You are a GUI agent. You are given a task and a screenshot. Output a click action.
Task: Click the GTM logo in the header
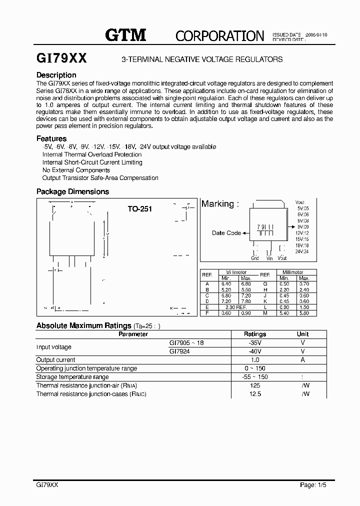click(x=125, y=35)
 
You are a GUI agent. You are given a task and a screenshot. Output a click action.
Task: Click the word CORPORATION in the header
click(x=219, y=36)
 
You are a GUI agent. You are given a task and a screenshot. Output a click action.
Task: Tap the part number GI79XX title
click(x=62, y=58)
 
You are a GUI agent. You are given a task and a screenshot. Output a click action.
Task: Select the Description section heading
click(x=56, y=75)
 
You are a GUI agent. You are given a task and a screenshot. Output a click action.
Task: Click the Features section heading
click(x=51, y=138)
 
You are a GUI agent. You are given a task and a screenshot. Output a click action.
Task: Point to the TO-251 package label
click(x=139, y=209)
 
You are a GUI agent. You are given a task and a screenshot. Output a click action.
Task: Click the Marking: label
click(x=220, y=204)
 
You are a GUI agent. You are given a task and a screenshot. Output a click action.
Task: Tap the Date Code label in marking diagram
click(x=226, y=233)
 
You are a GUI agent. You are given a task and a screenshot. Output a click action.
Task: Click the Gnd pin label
click(x=255, y=258)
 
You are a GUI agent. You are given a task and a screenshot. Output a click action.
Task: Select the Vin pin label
click(x=269, y=258)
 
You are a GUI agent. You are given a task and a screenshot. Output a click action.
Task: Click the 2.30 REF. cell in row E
click(x=237, y=308)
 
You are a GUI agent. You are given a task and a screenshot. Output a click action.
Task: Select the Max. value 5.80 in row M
click(x=304, y=313)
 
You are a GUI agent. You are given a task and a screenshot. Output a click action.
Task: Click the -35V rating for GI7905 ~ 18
click(x=254, y=343)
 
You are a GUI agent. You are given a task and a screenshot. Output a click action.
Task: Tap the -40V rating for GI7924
click(x=254, y=351)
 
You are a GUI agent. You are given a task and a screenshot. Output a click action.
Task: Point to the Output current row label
click(x=56, y=360)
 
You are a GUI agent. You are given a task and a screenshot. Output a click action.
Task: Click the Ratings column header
click(x=254, y=334)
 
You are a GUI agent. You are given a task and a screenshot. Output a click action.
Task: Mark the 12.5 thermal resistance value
click(x=254, y=394)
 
